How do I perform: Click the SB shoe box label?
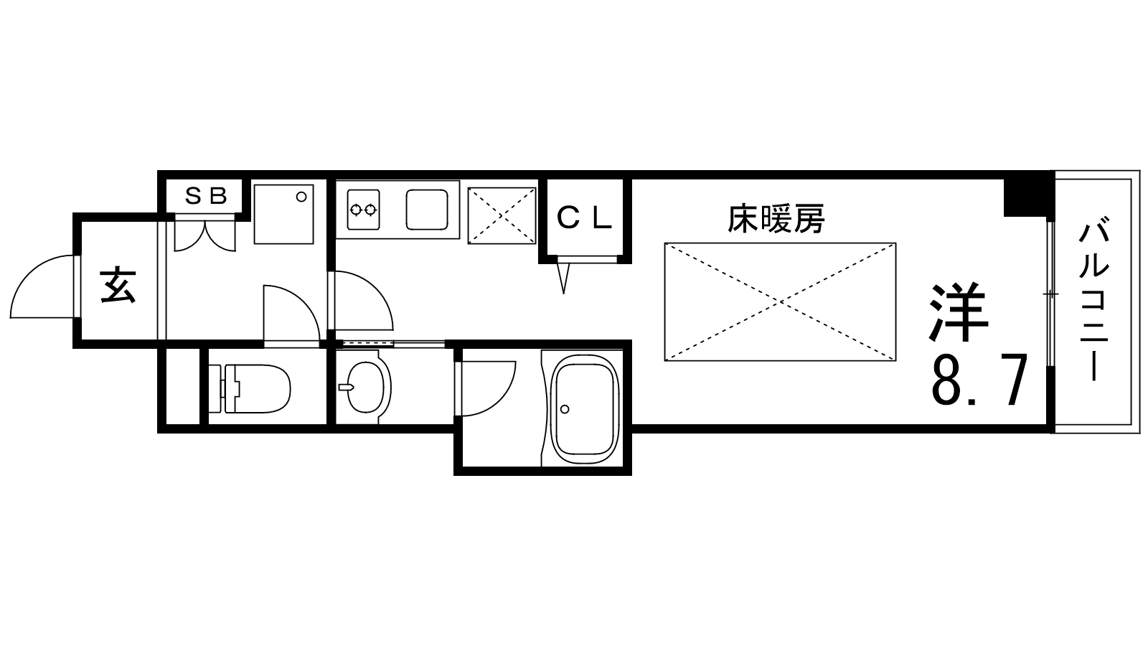coord(205,196)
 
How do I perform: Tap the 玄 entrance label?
coord(118,284)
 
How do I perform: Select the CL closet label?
coord(584,218)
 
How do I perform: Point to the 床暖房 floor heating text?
coord(776,219)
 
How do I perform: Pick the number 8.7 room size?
coord(979,380)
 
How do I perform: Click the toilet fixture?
coord(250,388)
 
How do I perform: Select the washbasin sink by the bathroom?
coord(364,387)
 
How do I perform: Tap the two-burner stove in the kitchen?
coord(363,209)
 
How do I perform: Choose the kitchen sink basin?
coord(427,209)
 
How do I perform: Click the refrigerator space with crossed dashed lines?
coord(502,215)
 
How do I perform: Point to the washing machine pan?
coord(283,214)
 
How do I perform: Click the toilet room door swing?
coord(292,313)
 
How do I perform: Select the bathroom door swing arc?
coord(486,388)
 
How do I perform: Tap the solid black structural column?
coord(1028,197)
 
